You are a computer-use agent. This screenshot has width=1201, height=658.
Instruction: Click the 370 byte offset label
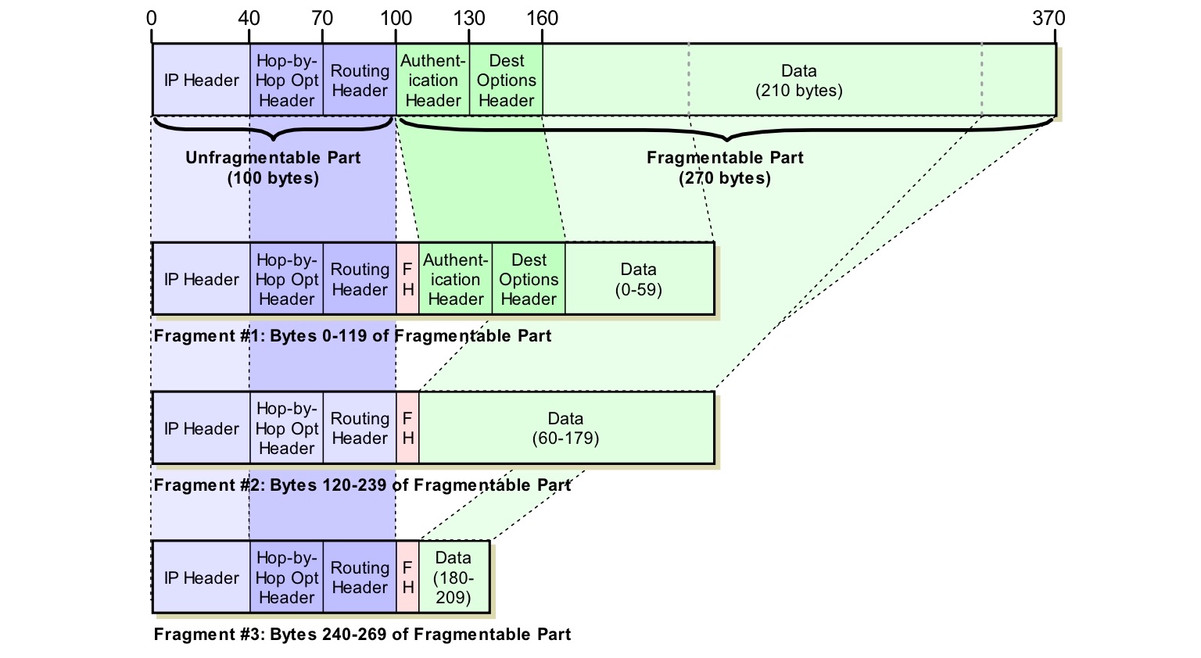pos(1049,18)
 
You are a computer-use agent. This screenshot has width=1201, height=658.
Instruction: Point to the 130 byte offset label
pos(469,18)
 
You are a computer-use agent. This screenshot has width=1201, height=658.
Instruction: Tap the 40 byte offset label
pos(249,18)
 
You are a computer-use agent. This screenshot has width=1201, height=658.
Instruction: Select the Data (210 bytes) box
pos(798,80)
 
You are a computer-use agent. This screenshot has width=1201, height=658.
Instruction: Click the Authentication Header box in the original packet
pos(433,80)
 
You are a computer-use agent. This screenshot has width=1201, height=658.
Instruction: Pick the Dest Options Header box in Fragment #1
pos(529,279)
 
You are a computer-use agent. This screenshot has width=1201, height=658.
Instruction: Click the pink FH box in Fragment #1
pos(407,279)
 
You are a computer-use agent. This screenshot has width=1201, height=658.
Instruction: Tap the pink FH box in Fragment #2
pos(407,428)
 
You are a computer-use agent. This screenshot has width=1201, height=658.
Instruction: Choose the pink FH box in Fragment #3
pos(407,578)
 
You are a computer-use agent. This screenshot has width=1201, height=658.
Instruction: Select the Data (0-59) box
pos(639,279)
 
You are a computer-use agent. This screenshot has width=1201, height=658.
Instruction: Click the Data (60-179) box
pos(566,428)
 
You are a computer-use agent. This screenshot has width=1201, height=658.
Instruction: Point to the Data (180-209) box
pos(454,578)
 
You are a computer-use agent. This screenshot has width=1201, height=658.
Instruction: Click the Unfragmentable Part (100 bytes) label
pos(273,168)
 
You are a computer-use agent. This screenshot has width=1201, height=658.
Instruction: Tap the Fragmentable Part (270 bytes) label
pos(725,168)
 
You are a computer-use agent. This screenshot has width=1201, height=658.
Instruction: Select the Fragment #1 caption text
pos(353,336)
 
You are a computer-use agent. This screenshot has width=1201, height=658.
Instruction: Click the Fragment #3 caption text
pos(362,635)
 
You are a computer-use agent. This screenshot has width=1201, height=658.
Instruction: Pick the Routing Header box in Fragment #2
pos(360,428)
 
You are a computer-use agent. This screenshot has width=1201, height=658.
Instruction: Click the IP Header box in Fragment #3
pos(201,578)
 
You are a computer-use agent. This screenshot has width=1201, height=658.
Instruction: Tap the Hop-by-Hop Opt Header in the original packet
pos(287,80)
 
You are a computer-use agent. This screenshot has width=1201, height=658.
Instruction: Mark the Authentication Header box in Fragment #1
pos(455,279)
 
